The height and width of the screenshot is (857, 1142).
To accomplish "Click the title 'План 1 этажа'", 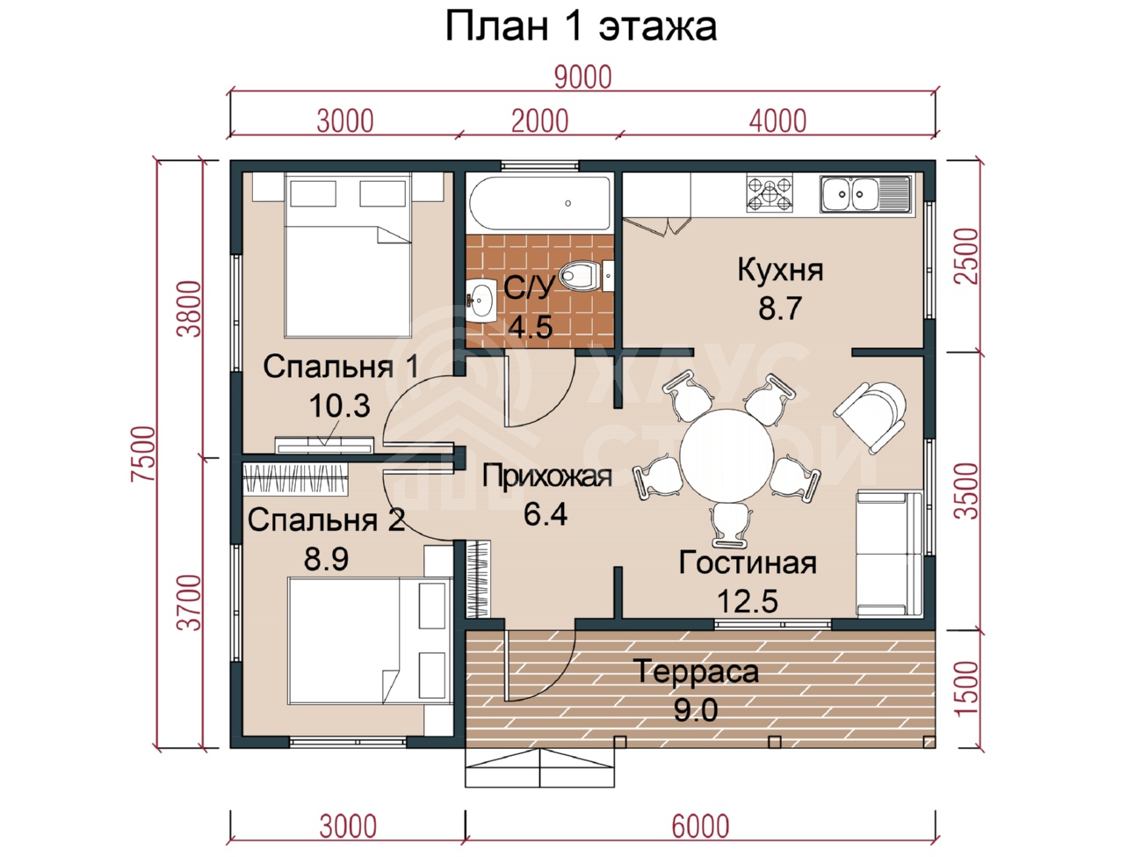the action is (x=581, y=26).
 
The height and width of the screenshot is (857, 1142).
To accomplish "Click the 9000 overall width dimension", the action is (x=582, y=77).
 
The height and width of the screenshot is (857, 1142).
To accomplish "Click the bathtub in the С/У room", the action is (x=539, y=203).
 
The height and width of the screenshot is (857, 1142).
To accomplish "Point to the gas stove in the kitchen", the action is (x=770, y=193).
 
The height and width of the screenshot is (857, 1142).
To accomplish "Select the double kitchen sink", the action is (x=866, y=193).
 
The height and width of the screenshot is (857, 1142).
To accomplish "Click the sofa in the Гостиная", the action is (x=890, y=553).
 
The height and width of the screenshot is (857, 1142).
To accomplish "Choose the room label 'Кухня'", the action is (x=780, y=271).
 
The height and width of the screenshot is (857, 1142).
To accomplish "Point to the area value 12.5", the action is (x=748, y=601).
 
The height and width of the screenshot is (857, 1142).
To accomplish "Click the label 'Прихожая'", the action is (x=546, y=476).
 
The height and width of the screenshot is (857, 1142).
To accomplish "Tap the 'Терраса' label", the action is (x=696, y=672).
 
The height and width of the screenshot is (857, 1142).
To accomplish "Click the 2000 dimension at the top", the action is (x=539, y=121).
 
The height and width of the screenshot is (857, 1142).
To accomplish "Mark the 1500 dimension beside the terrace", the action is (x=967, y=689).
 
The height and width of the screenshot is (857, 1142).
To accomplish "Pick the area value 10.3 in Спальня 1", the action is (x=339, y=405).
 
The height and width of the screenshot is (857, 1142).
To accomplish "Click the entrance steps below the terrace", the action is (x=539, y=767).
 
